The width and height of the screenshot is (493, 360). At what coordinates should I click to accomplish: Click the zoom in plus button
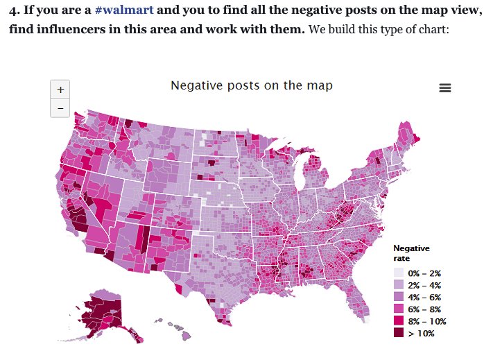click(60, 89)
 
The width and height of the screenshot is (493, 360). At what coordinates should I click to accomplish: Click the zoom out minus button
click(60, 108)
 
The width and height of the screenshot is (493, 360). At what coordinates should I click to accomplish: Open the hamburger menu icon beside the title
click(445, 87)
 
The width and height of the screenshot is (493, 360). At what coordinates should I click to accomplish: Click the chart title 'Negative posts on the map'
click(252, 85)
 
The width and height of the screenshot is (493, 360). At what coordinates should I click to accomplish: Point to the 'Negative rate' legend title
click(411, 253)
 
